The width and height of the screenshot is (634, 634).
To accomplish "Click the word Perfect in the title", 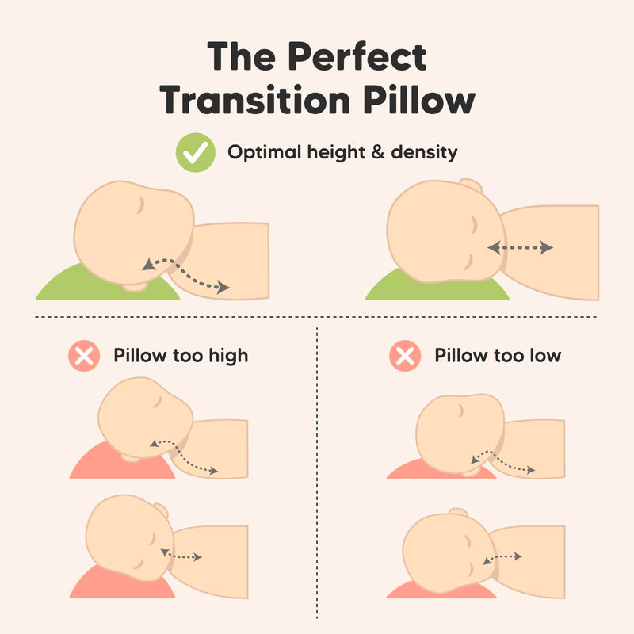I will pos(359,58).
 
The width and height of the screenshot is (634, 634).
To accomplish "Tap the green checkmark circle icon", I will pos(195,151).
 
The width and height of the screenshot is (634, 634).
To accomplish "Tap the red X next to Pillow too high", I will pos(83,356).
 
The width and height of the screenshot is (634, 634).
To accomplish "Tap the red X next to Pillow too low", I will pos(404,356).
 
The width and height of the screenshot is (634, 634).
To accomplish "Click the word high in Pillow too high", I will pos(228,356).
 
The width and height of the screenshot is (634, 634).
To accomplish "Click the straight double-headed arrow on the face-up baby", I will pos(520,248).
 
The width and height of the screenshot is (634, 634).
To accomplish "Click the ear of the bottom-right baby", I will pos(457,514).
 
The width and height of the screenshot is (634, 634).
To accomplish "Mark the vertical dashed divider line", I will pos(317,475).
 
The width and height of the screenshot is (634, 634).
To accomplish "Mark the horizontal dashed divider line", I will pos(317,317).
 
